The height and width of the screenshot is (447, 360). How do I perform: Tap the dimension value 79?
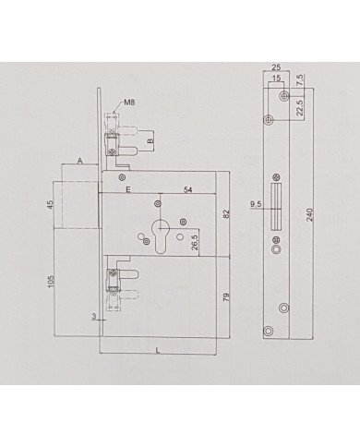tap(227, 297)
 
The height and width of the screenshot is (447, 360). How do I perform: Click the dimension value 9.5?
tap(255, 206)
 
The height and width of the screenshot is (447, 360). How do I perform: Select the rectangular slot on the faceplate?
tap(274, 217)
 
